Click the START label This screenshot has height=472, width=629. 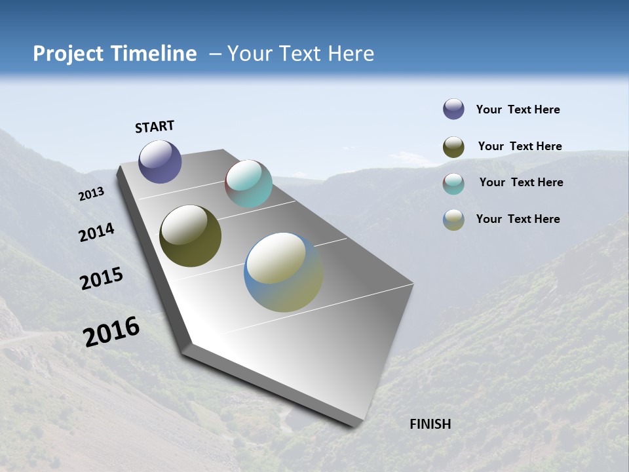(155, 127)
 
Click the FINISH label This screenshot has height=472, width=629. (430, 424)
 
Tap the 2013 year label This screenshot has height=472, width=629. (91, 194)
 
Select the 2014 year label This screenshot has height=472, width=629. (96, 233)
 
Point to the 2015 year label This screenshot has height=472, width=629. (102, 279)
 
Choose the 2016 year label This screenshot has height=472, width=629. (111, 332)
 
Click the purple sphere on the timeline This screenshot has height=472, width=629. (160, 162)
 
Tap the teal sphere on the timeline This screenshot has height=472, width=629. (248, 184)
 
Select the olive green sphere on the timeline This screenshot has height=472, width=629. (190, 236)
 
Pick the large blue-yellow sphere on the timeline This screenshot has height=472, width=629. (284, 272)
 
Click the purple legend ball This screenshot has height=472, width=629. (453, 109)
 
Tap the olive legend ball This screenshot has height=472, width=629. (453, 147)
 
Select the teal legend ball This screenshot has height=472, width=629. (453, 184)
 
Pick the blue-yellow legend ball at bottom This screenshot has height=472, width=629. (453, 220)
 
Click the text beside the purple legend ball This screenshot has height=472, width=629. (518, 109)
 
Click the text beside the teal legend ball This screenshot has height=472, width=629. (521, 182)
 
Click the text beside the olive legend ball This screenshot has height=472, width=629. (520, 146)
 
